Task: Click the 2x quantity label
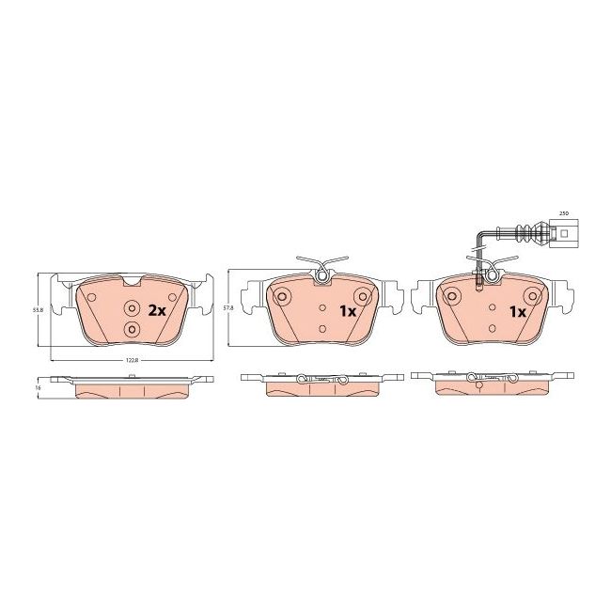click(x=157, y=310)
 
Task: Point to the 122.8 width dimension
click(x=131, y=364)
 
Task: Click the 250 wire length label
click(x=565, y=214)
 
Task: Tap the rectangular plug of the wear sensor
click(x=565, y=234)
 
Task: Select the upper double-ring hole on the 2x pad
click(x=131, y=309)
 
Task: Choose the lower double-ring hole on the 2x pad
click(x=131, y=329)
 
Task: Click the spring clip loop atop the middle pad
click(x=321, y=274)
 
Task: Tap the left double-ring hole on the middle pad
click(x=282, y=297)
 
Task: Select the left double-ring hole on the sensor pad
click(x=452, y=297)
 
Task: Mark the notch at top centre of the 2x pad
click(x=131, y=280)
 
